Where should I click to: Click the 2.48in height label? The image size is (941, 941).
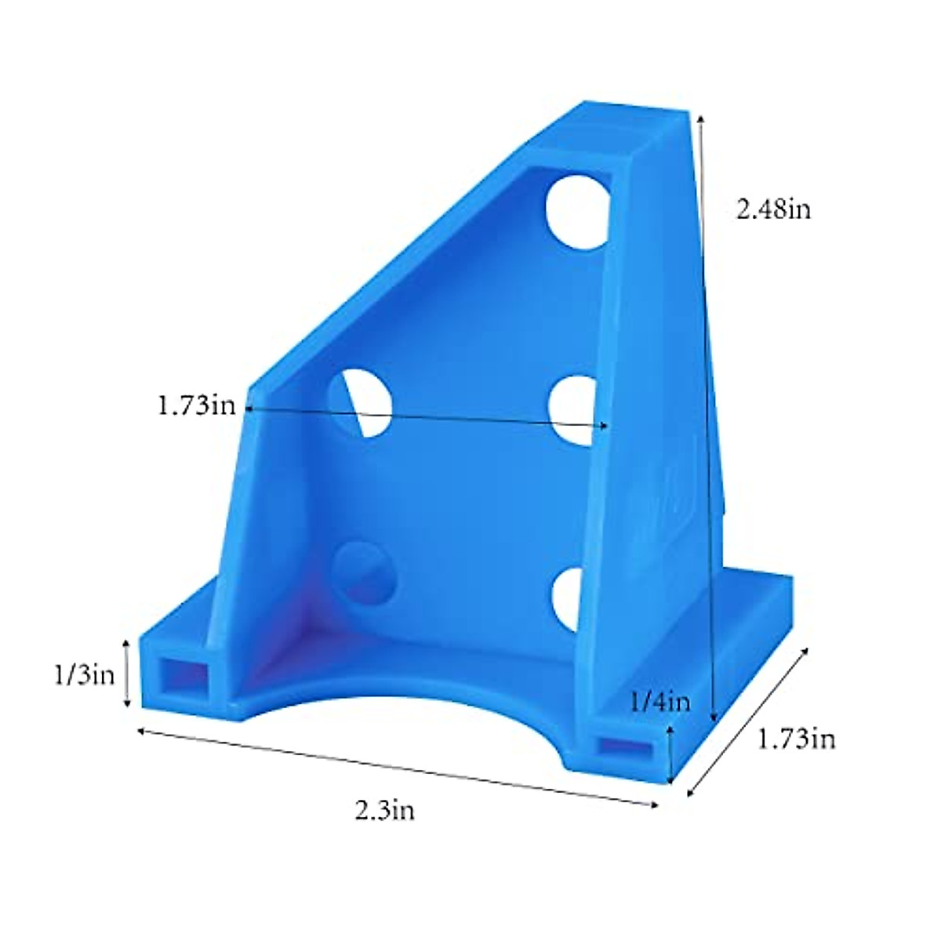click(772, 209)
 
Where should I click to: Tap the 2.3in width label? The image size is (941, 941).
click(384, 810)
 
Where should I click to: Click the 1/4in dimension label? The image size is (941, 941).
click(660, 701)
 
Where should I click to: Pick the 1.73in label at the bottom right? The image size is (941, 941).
click(796, 739)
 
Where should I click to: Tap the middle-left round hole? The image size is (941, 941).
click(361, 401)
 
